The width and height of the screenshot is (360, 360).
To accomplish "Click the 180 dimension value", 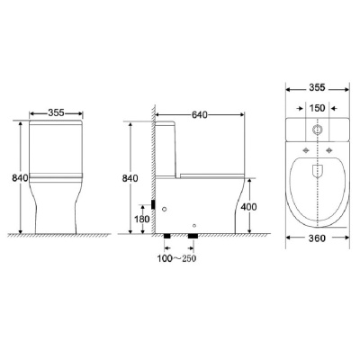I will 142,218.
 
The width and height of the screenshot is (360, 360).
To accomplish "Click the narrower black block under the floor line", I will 168,237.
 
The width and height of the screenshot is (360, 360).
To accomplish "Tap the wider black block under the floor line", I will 192,237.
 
